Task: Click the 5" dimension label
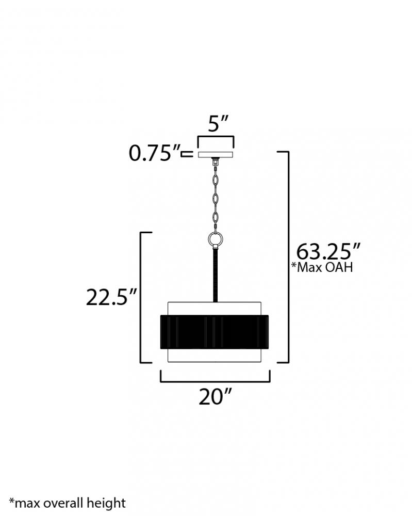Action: [x=218, y=123]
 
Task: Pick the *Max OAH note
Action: [x=322, y=267]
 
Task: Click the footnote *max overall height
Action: [x=68, y=503]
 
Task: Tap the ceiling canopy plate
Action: [x=216, y=154]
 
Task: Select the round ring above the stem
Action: [x=216, y=238]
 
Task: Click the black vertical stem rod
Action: [x=216, y=276]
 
